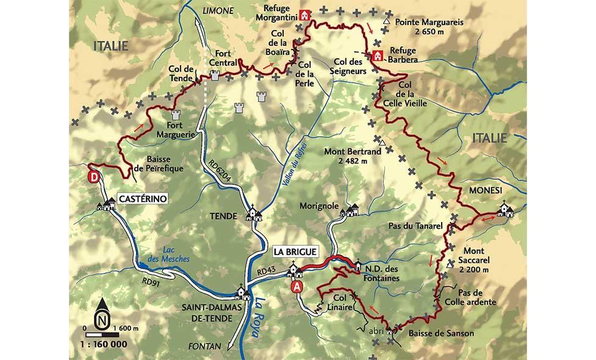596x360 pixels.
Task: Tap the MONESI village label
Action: pos(485,190)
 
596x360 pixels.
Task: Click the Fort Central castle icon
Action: pos(214,75)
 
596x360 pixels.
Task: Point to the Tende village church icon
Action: pos(253,214)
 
